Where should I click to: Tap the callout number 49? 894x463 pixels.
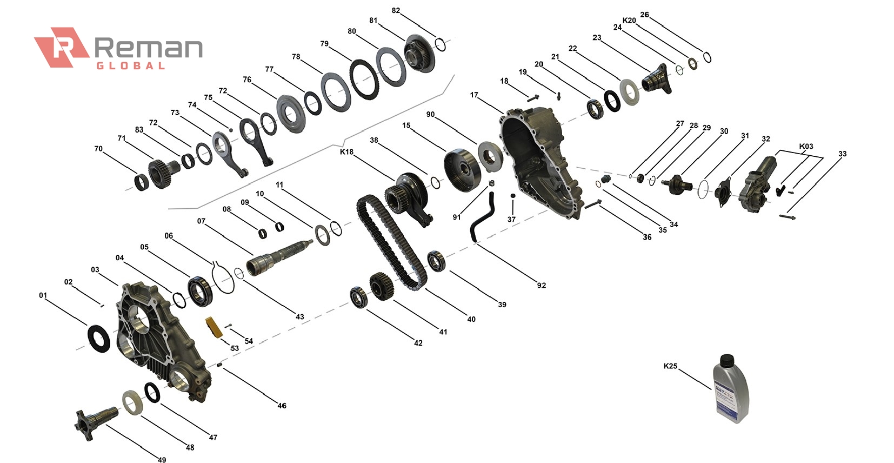162,459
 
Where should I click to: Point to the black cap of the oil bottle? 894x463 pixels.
726,359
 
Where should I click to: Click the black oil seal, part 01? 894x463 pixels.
98,338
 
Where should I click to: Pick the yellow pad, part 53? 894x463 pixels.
212,327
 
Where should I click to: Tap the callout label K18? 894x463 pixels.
346,152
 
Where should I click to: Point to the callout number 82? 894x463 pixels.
396,11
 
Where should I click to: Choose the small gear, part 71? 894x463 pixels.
161,173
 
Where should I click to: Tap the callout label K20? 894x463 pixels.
629,21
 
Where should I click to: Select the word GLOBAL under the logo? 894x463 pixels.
130,66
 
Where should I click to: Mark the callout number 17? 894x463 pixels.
474,95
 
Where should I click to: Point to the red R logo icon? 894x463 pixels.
61,48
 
